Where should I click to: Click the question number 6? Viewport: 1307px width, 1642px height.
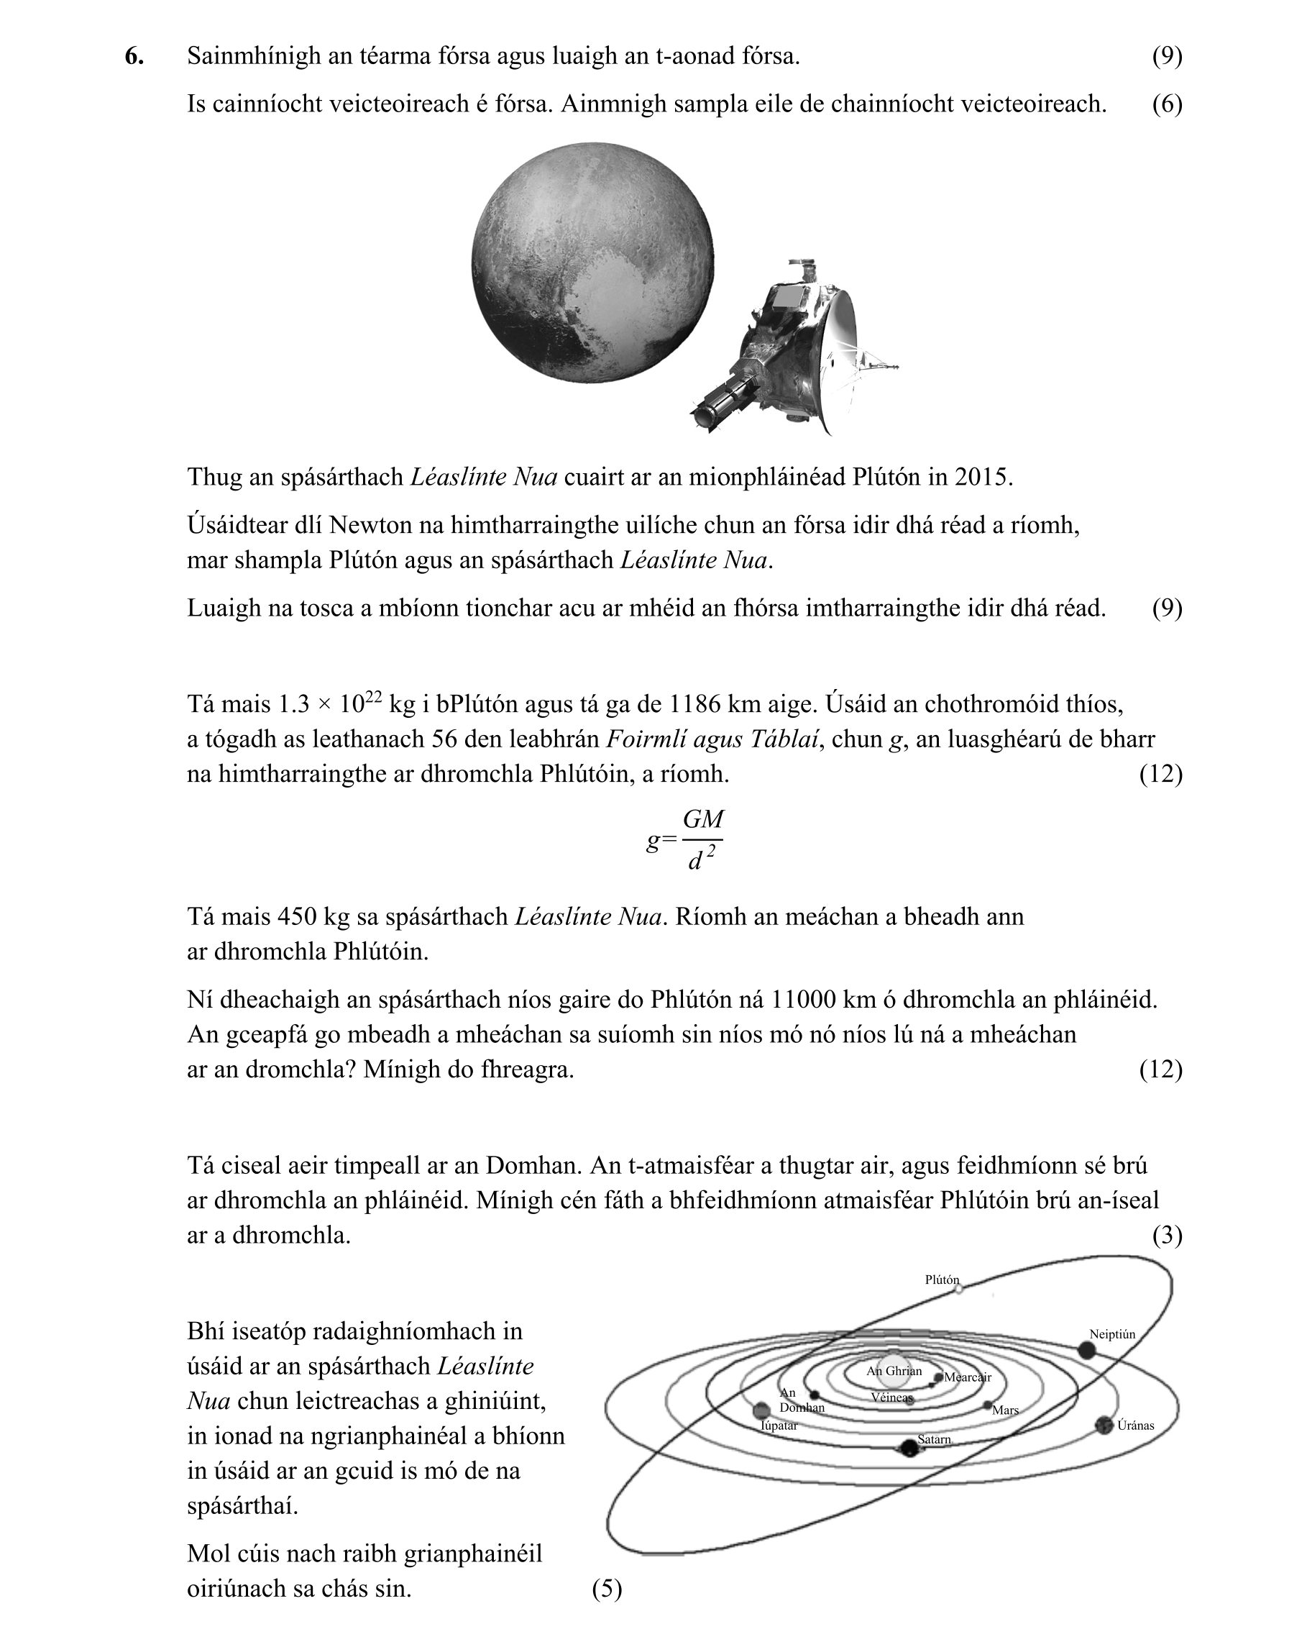pyautogui.click(x=134, y=56)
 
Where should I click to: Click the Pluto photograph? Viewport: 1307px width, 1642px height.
pyautogui.click(x=592, y=263)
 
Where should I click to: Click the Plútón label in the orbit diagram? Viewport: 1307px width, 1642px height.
pyautogui.click(x=942, y=1280)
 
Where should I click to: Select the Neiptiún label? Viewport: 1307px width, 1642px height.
pyautogui.click(x=1111, y=1334)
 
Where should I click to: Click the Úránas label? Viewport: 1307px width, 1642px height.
pyautogui.click(x=1135, y=1426)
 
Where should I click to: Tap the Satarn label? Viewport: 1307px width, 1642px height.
pyautogui.click(x=934, y=1439)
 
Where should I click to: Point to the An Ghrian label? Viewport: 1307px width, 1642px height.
pyautogui.click(x=894, y=1371)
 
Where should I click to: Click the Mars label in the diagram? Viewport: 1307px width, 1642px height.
pyautogui.click(x=1005, y=1410)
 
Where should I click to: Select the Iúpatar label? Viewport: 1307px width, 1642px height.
pyautogui.click(x=779, y=1425)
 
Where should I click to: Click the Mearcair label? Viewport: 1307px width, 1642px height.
pyautogui.click(x=968, y=1377)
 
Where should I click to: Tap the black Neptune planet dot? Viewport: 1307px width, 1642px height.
pyautogui.click(x=1086, y=1350)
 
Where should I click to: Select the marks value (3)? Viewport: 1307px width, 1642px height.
pyautogui.click(x=1167, y=1236)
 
